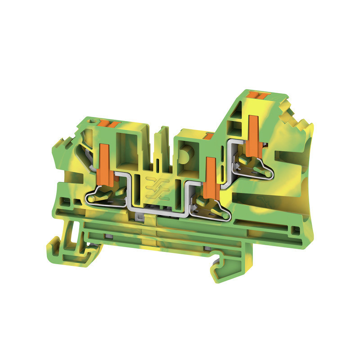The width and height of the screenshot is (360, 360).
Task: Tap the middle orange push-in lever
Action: click(209, 175)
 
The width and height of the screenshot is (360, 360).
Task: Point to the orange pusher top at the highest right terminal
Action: click(260, 96)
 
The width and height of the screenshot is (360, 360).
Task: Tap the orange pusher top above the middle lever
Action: click(208, 135)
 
